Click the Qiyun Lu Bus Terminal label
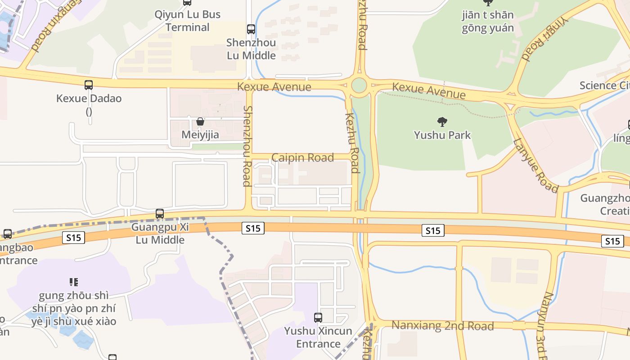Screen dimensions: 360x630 (187, 21)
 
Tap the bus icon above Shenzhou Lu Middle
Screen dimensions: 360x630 (251, 29)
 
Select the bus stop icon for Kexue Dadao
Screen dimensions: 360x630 (89, 85)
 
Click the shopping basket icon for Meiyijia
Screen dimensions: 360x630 (200, 121)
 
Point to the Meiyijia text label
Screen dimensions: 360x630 (200, 135)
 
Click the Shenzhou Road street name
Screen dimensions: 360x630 (247, 146)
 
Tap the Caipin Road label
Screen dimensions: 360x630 (303, 157)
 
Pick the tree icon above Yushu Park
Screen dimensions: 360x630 (442, 121)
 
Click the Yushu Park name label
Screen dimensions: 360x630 (442, 135)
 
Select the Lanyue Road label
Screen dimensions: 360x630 (535, 165)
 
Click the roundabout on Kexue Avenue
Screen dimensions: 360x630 (359, 85)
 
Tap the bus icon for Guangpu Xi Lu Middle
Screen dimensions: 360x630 (160, 214)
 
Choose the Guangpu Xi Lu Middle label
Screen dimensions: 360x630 (160, 233)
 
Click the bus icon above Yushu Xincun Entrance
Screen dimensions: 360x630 (318, 317)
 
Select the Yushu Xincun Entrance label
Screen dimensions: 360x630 (318, 337)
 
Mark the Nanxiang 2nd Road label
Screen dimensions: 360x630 (443, 326)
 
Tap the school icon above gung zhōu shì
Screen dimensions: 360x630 (74, 282)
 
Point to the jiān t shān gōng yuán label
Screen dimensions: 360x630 (487, 22)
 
